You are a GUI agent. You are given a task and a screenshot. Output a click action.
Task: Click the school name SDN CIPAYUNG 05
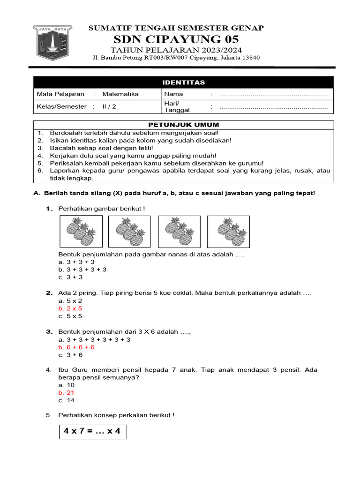coord(176,39)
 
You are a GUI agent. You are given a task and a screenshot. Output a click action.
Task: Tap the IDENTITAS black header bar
coord(183,82)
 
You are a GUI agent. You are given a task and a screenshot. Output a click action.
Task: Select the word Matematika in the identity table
coord(120,94)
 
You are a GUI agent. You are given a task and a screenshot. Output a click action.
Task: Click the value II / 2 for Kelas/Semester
coord(109,106)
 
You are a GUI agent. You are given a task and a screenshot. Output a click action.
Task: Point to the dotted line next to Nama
coord(274,95)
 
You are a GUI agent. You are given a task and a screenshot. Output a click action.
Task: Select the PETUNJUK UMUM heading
coord(183,125)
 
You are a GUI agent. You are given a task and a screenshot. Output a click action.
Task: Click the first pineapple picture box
coord(79,231)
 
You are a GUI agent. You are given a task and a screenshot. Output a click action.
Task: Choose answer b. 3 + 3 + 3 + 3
coord(82,270)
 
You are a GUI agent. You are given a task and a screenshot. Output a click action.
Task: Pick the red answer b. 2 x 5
coord(70,308)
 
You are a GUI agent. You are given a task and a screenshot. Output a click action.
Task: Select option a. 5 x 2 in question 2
coord(70,300)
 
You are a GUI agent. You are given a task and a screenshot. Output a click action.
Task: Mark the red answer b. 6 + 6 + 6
coord(76,347)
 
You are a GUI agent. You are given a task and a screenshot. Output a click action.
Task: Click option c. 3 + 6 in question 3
coord(70,355)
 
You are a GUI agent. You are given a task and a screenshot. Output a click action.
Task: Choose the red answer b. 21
coord(67,392)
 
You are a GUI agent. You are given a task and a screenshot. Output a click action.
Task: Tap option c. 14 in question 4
coord(67,400)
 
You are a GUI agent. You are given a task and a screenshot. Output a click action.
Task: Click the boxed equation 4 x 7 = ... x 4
coord(93,431)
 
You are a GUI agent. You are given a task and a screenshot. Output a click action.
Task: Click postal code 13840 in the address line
coord(250,58)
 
